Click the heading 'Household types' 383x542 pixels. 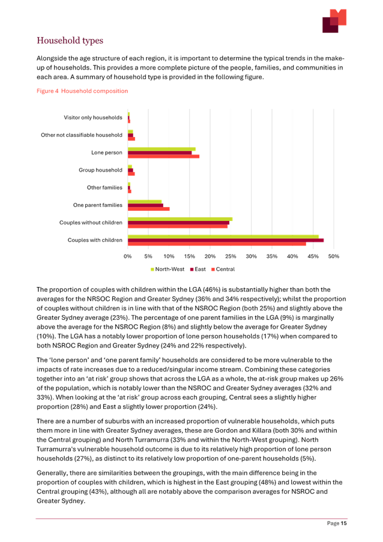click(x=70, y=41)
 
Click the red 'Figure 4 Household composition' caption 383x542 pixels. click(x=82, y=91)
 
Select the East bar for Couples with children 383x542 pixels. click(x=226, y=240)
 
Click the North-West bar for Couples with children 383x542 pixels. click(x=223, y=236)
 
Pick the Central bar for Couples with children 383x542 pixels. click(x=217, y=244)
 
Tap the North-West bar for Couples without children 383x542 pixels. click(x=180, y=219)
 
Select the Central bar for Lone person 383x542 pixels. click(x=164, y=156)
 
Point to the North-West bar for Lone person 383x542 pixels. click(x=162, y=149)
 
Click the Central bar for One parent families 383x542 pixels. click(x=149, y=209)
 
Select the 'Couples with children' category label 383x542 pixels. click(x=95, y=240)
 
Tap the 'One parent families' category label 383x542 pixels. click(x=98, y=205)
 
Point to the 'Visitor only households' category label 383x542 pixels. click(x=93, y=117)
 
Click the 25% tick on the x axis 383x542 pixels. click(x=231, y=256)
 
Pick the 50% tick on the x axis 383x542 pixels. click(x=334, y=256)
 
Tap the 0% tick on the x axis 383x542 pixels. click(x=128, y=256)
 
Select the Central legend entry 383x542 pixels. click(x=222, y=268)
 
